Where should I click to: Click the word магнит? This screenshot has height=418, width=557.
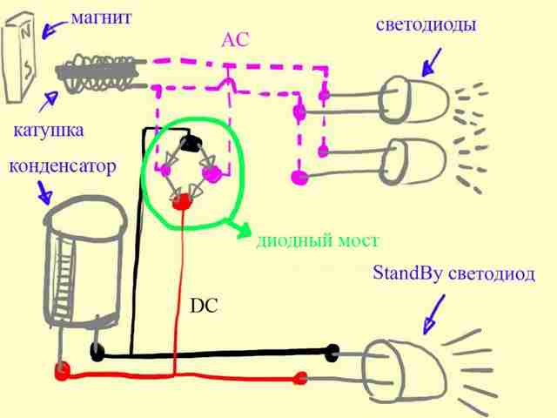coord(102,18)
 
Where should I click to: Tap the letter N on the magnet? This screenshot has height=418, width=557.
coord(25,33)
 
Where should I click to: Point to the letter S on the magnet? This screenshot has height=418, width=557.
coord(28,70)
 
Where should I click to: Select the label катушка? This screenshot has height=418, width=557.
coord(49,131)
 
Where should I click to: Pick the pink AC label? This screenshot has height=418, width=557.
coord(235,40)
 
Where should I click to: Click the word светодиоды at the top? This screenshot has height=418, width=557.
coord(426,25)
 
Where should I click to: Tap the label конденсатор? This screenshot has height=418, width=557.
coord(63,166)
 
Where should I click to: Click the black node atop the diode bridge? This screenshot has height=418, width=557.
coord(191,144)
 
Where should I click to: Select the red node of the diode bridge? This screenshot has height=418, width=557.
coord(182,201)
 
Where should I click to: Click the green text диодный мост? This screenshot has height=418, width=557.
coord(318,241)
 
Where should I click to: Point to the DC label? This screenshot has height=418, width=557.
coord(204,306)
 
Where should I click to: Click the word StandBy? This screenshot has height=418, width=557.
coord(408,273)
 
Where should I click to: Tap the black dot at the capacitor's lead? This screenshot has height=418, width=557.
coord(97,353)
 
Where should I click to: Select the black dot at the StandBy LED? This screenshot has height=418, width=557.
coord(332,353)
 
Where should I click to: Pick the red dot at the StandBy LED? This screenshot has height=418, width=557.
coord(300,378)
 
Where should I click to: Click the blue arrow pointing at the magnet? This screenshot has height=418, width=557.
coord(53,29)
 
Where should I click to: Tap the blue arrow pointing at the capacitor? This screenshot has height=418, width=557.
coord(44,192)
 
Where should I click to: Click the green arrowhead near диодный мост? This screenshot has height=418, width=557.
coord(245,230)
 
